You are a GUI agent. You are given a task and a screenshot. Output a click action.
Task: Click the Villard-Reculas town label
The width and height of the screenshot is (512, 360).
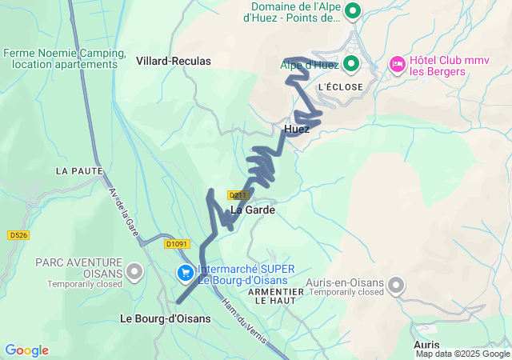click(174, 61)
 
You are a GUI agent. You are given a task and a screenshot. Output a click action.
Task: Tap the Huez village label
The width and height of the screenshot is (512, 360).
click(296, 128)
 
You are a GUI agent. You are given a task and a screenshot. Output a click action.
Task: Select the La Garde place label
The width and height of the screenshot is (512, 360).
click(253, 210)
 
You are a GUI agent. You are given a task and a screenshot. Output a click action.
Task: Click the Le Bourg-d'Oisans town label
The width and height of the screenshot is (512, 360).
click(166, 318)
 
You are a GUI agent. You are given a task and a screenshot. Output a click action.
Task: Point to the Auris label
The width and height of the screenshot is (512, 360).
click(426, 344)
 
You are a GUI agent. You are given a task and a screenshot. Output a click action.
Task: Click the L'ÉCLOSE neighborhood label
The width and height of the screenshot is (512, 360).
click(340, 86)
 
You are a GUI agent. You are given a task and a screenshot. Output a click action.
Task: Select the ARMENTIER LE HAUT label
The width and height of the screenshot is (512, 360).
click(277, 296)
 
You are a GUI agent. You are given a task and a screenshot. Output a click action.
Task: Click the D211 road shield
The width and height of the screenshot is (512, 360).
click(238, 194)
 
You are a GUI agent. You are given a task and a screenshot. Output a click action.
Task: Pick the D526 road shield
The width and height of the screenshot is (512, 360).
click(18, 235)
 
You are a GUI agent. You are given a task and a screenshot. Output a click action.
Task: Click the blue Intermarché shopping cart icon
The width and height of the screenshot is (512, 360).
click(186, 274)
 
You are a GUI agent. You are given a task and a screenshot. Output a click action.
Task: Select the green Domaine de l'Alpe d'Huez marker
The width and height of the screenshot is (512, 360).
click(351, 12)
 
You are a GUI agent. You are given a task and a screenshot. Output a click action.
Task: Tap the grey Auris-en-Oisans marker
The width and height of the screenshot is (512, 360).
click(396, 285)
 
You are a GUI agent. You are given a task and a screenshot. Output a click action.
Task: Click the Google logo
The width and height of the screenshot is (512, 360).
click(26, 350)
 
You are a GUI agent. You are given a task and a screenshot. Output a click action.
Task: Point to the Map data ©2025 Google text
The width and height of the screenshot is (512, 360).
click(462, 354)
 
